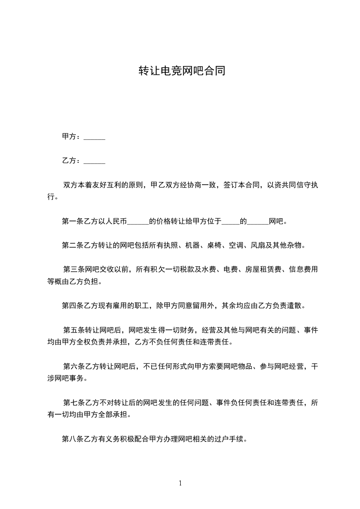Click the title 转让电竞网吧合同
(182, 71)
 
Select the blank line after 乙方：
(94, 161)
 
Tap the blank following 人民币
(138, 221)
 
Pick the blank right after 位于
(231, 221)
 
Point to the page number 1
(180, 484)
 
